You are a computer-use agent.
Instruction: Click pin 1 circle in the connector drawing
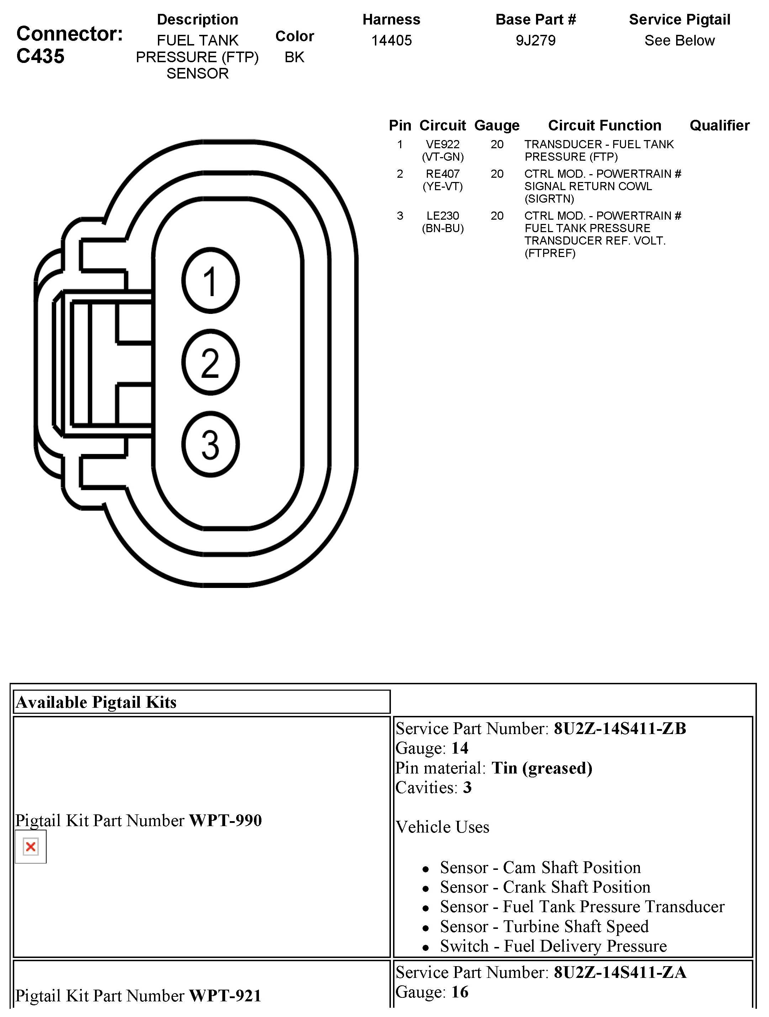tap(211, 281)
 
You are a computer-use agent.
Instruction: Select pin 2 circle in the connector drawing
tap(211, 363)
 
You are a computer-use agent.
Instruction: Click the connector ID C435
tap(41, 56)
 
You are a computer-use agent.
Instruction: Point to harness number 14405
tap(391, 41)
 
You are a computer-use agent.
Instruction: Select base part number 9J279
tap(535, 41)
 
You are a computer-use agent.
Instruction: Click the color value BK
tap(295, 57)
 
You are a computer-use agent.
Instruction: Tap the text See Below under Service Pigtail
tap(679, 41)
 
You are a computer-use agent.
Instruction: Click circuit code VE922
tap(442, 144)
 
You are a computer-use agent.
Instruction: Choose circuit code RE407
tap(442, 174)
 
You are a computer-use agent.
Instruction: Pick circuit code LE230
tap(442, 216)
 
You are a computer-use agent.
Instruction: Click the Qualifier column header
tap(719, 125)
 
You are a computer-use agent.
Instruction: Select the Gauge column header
tap(497, 125)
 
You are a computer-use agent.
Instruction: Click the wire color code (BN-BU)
tap(442, 228)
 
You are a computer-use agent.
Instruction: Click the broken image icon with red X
tap(31, 846)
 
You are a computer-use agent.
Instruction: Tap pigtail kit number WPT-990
tap(226, 820)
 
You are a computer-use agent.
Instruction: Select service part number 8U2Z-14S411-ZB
tap(620, 728)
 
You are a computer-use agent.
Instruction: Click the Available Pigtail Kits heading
tap(96, 702)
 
